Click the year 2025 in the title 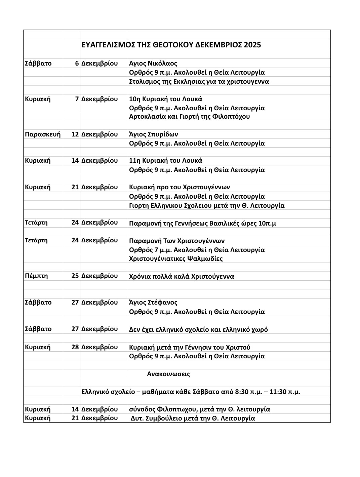point(252,45)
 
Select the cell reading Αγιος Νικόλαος point(153,64)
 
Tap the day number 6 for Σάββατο point(77,64)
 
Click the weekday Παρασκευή point(43,134)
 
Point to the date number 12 point(75,134)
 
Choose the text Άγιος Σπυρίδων point(154,134)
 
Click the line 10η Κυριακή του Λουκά point(166,99)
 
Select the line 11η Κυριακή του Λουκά point(166,161)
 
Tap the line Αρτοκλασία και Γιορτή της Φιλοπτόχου point(190,117)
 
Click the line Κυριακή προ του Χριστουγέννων point(179,187)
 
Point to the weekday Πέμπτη point(36,276)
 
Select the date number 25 point(75,276)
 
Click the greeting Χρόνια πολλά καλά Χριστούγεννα point(182,277)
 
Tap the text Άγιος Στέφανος point(153,303)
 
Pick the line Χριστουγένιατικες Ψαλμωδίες point(176,259)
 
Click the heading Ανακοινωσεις point(168,374)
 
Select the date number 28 point(75,347)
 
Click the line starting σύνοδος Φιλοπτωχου point(200,409)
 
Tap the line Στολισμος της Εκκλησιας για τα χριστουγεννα point(199,82)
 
